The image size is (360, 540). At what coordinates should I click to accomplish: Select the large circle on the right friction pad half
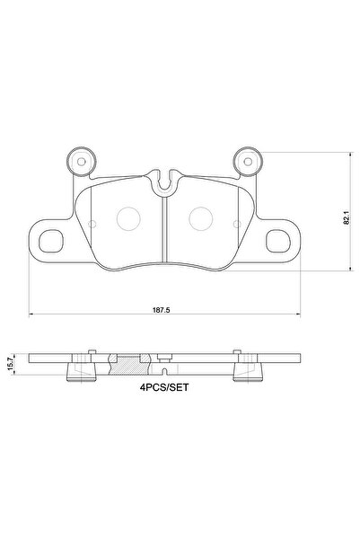click(202, 217)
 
